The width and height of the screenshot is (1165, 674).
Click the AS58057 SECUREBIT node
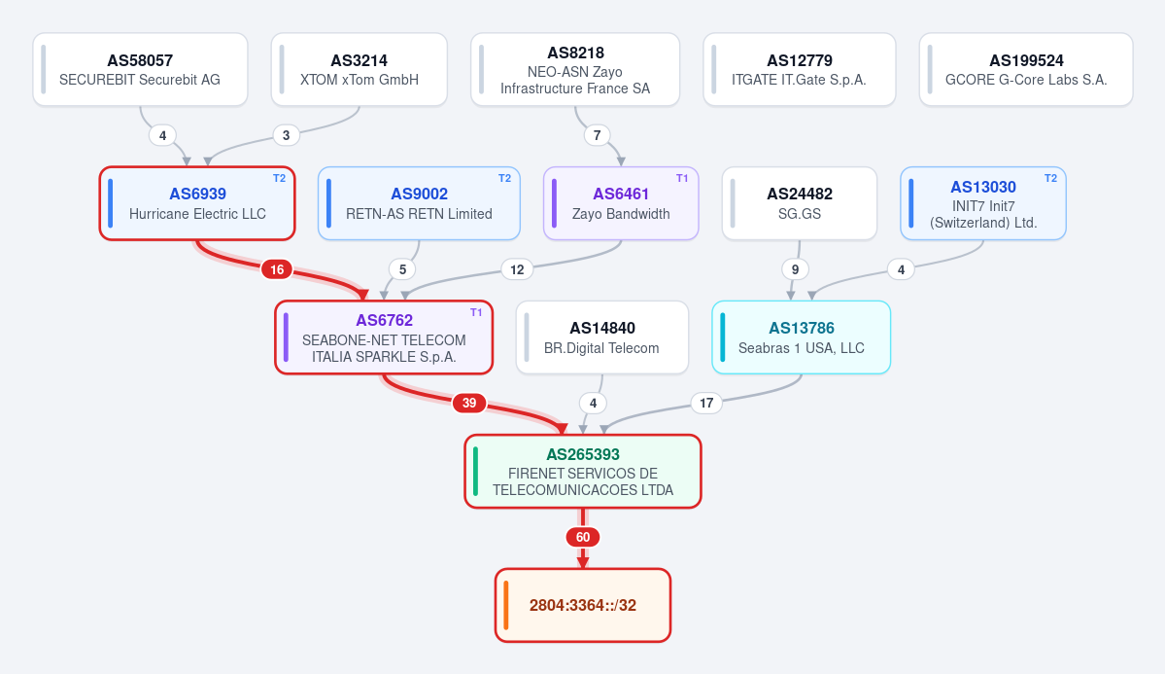(x=141, y=69)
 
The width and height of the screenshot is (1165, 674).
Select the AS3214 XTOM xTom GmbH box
(x=359, y=69)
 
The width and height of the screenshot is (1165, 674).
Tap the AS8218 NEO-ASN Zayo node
(x=575, y=69)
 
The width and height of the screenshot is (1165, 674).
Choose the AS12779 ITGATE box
(x=800, y=69)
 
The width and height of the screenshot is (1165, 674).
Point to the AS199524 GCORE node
(x=1026, y=69)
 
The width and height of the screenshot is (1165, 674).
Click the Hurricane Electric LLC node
(x=197, y=203)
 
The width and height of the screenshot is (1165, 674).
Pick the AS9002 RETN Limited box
(x=419, y=203)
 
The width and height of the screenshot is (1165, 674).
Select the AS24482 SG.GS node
(x=800, y=203)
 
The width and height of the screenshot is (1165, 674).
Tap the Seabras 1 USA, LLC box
(x=801, y=337)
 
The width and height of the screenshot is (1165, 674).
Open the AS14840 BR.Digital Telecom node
(x=601, y=337)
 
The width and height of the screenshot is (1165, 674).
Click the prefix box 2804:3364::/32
(x=583, y=605)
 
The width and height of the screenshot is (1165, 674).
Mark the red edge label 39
(x=469, y=404)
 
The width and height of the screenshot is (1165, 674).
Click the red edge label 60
(x=583, y=537)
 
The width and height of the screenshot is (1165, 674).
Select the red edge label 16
(x=277, y=269)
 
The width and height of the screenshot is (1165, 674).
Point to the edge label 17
(x=706, y=404)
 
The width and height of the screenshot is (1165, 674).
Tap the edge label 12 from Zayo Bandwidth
(x=517, y=269)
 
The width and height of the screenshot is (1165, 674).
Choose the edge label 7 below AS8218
(x=597, y=135)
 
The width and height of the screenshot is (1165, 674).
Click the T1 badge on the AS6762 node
(x=476, y=312)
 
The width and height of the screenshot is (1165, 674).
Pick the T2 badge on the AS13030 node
(x=1050, y=179)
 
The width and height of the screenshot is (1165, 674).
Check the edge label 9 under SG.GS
(x=795, y=269)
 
